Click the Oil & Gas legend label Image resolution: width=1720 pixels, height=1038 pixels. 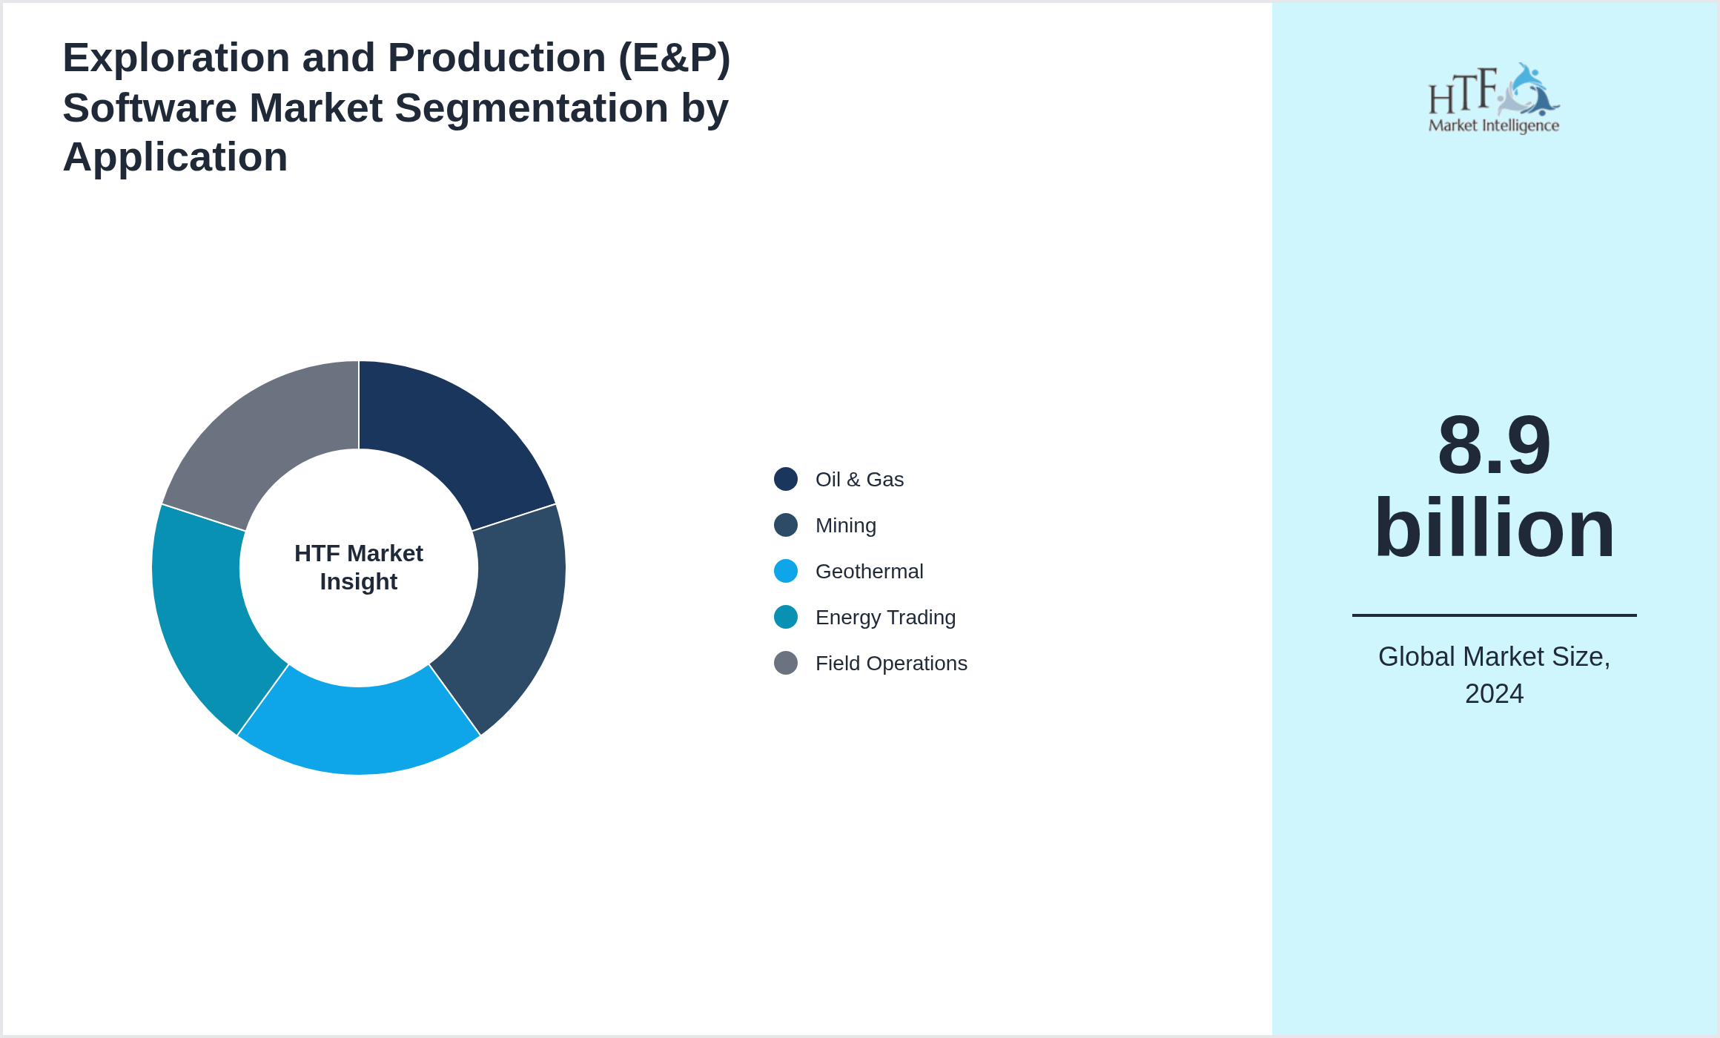859,480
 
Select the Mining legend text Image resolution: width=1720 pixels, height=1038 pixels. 845,526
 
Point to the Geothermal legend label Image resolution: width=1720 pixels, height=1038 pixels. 869,572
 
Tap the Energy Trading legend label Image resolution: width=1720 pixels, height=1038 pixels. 885,618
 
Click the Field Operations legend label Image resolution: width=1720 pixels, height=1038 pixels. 891,664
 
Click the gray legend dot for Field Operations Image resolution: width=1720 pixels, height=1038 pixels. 786,663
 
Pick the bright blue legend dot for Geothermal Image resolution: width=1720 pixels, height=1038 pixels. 786,571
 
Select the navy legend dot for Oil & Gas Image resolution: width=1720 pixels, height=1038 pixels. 786,479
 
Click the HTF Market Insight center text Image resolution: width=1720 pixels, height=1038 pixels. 359,567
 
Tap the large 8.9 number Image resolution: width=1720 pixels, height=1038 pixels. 1494,445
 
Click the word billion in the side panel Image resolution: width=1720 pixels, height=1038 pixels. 1494,528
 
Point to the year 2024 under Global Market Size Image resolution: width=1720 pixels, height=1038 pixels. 1494,694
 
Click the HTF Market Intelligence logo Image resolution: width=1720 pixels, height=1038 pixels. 1494,99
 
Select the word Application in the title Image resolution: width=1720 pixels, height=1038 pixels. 175,157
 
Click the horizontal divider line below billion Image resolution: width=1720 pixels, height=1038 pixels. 1494,615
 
